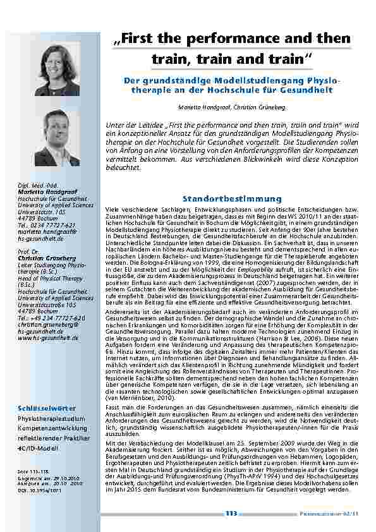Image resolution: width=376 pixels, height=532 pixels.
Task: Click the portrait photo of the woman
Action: pyautogui.click(x=58, y=69)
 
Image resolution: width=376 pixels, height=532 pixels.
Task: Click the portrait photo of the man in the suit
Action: pyautogui.click(x=58, y=138)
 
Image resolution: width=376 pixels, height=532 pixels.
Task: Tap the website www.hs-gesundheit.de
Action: pyautogui.click(x=48, y=338)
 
